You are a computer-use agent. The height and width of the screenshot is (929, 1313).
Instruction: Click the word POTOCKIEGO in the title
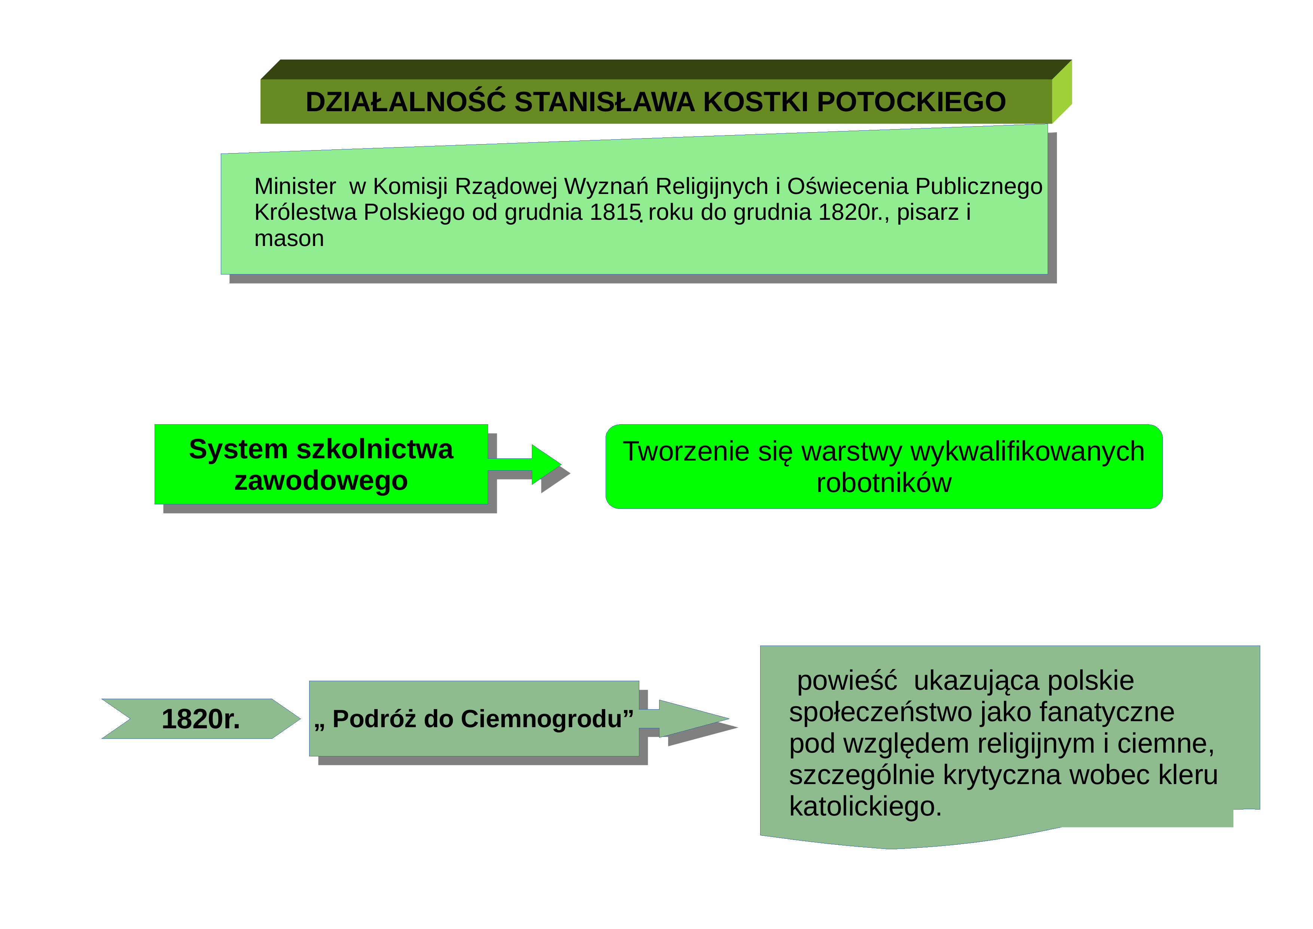click(911, 102)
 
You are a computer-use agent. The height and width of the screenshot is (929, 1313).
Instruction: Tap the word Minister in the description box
click(295, 186)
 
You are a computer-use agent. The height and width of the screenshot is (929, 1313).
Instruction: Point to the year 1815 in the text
click(615, 212)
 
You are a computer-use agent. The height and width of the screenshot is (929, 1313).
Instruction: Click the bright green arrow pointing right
click(524, 464)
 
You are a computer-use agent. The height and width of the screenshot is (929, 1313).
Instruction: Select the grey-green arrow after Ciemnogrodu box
click(684, 719)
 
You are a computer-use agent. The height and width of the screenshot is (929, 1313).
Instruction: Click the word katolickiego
click(865, 807)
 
